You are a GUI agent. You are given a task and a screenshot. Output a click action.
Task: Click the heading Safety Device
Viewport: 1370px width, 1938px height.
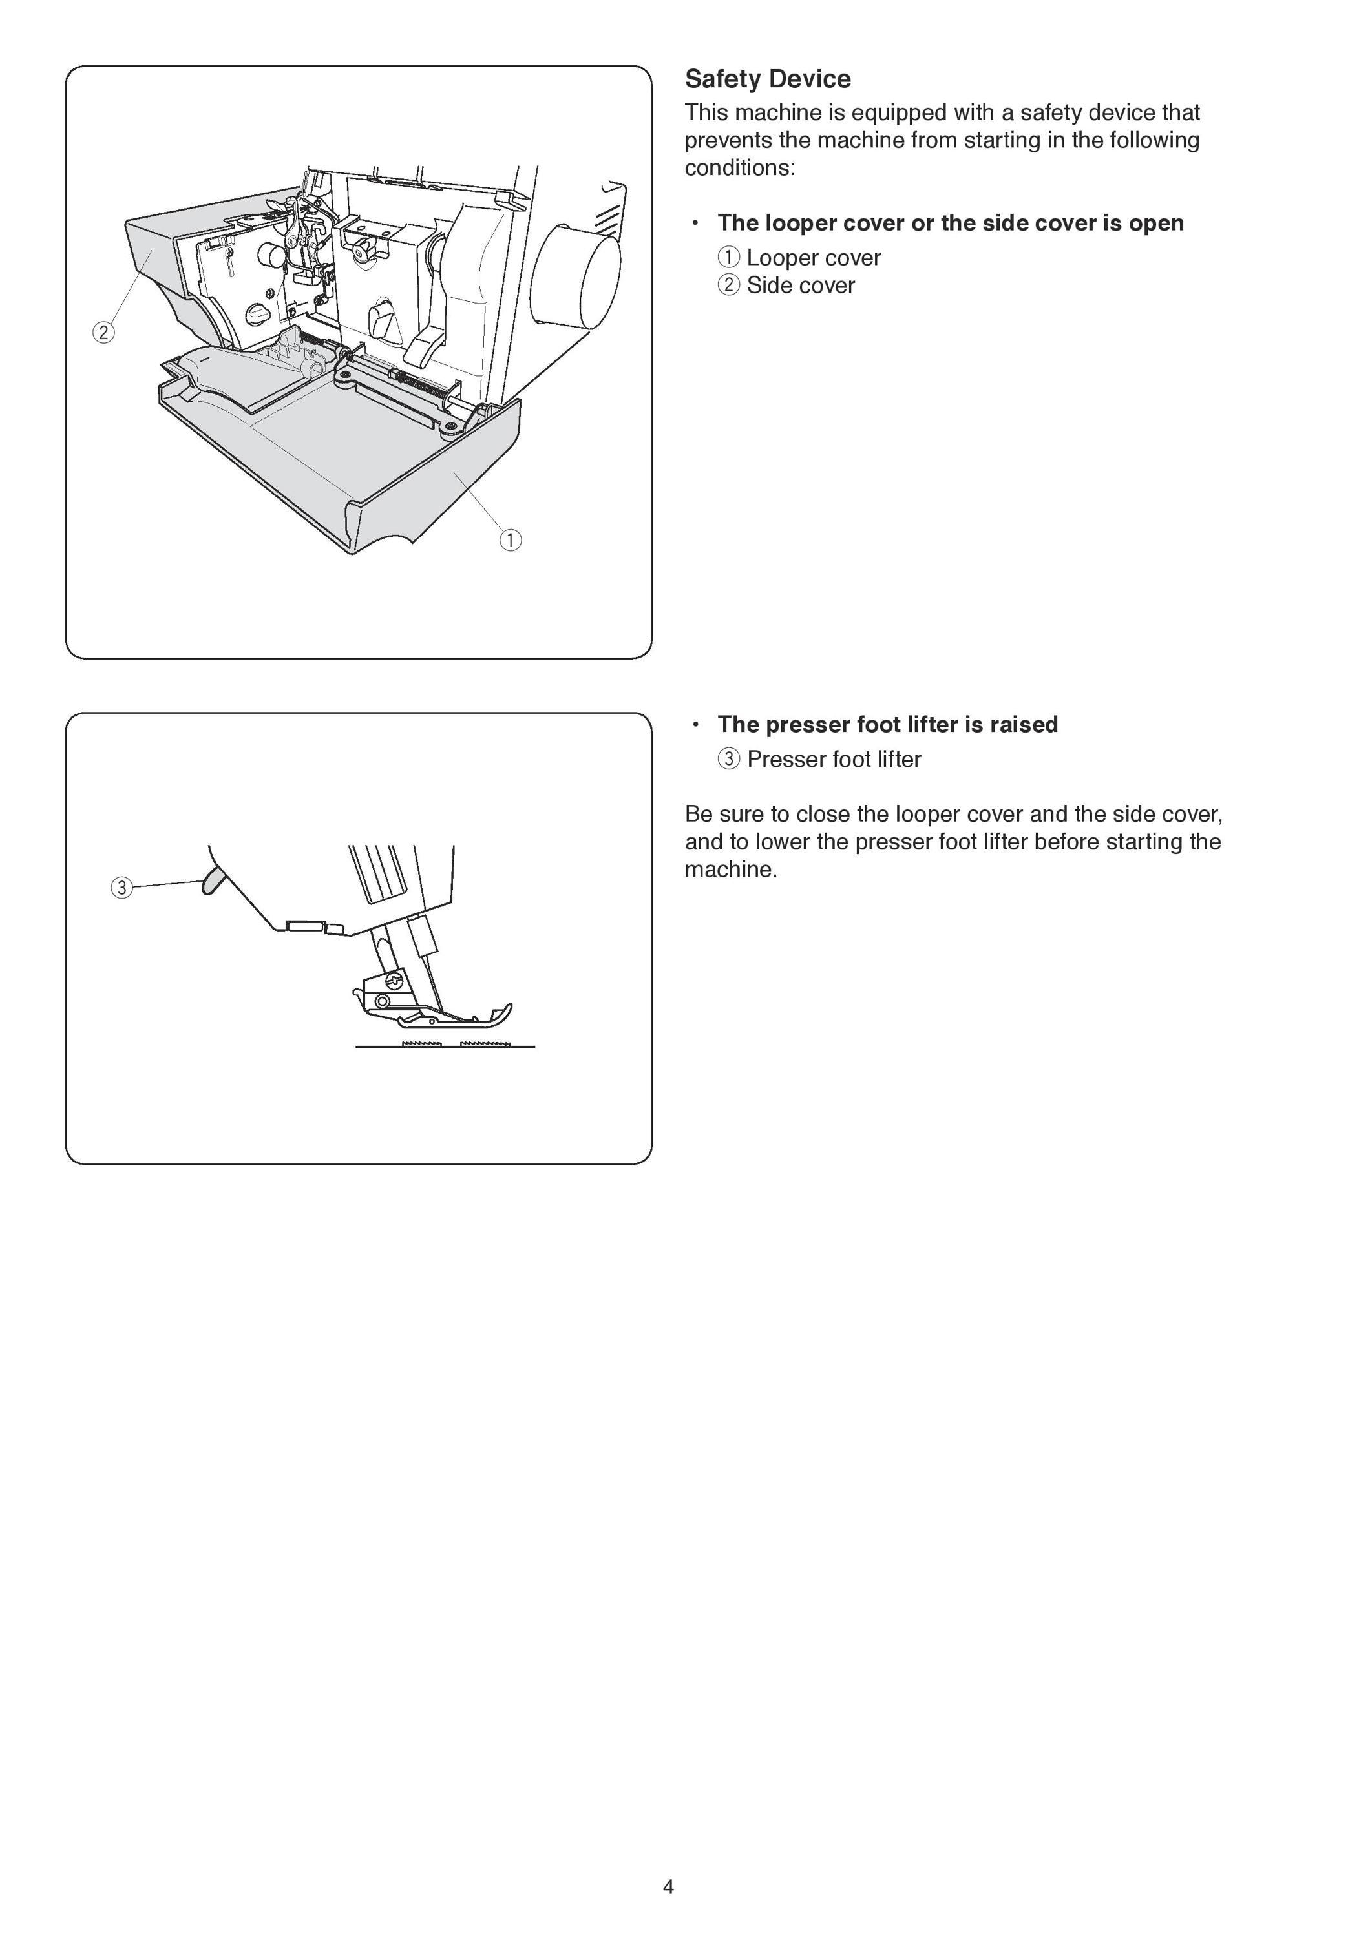767,79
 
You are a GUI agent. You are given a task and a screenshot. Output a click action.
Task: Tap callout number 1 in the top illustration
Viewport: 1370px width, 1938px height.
511,539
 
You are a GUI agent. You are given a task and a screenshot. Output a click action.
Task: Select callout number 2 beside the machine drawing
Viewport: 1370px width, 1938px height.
103,333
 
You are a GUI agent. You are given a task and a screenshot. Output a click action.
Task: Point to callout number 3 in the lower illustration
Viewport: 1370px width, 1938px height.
121,888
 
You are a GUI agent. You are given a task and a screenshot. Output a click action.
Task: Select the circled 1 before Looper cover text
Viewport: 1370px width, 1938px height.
728,258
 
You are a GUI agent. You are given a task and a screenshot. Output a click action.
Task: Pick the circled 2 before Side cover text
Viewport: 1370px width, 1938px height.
728,286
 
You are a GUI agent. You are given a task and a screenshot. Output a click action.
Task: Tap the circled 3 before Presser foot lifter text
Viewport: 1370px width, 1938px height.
728,759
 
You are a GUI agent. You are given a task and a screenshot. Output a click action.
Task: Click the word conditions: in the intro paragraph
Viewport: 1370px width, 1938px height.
739,168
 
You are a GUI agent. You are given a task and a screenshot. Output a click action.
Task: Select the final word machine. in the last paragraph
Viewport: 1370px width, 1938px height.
731,870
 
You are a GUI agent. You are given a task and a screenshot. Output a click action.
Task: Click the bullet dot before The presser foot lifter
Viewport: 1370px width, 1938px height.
695,724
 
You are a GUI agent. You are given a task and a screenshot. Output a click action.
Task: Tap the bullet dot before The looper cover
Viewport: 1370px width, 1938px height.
695,223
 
